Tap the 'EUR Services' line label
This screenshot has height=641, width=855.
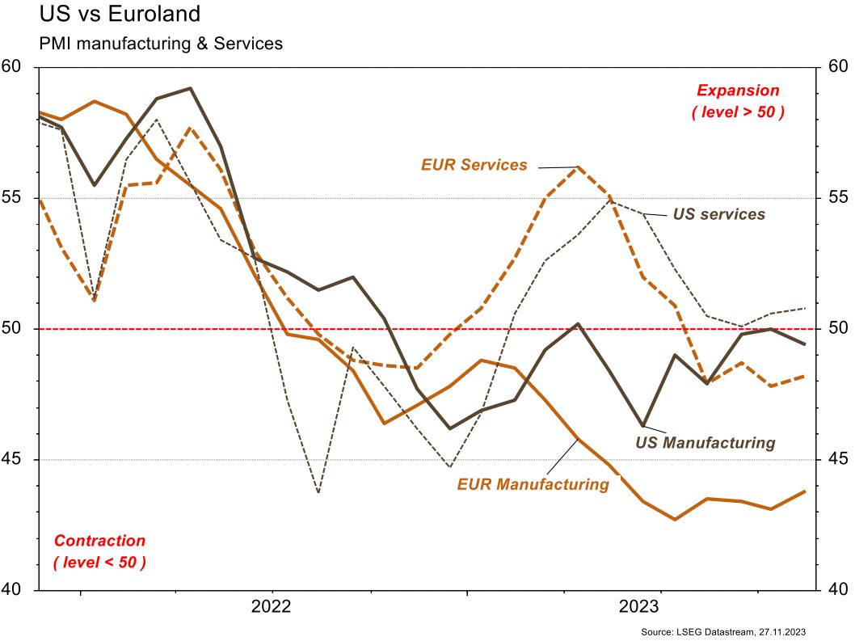474,165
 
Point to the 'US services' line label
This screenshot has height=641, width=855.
718,214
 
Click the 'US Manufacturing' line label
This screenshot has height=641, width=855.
705,443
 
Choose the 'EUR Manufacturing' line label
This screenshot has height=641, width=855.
533,484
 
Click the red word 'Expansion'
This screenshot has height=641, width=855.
738,91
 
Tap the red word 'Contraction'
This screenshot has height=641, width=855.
99,541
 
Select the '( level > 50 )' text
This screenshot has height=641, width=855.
738,112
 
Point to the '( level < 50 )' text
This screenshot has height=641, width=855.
99,562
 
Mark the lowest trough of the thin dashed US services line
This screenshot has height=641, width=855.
318,492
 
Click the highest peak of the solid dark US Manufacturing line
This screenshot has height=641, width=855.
190,88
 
